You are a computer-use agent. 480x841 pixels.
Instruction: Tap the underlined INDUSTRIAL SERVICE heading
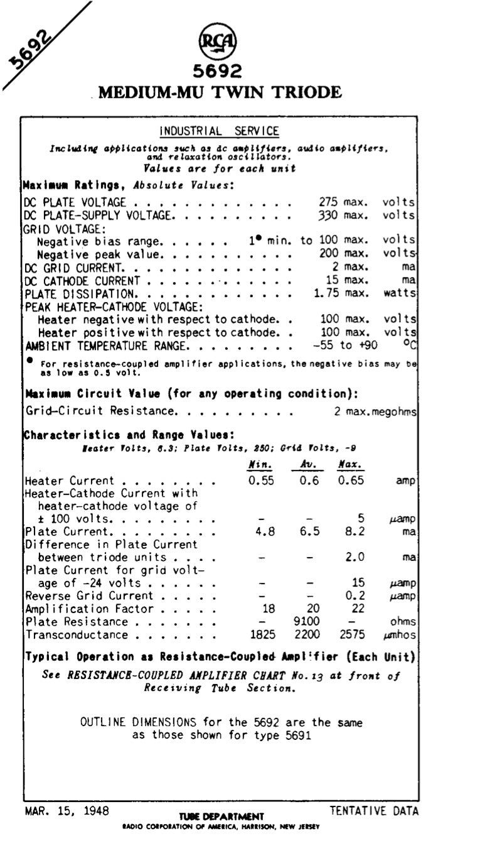[x=219, y=131]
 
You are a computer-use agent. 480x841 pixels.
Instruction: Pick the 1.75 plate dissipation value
[x=326, y=293]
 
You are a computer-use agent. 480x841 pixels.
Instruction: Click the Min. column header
[x=260, y=465]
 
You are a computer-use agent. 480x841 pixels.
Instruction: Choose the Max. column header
[x=349, y=465]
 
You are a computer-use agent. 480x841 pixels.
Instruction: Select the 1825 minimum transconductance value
[x=263, y=635]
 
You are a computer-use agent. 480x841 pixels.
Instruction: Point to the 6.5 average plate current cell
[x=306, y=531]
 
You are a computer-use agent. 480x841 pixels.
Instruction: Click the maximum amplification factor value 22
[x=352, y=609]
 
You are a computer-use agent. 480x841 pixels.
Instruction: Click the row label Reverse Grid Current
[x=88, y=595]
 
